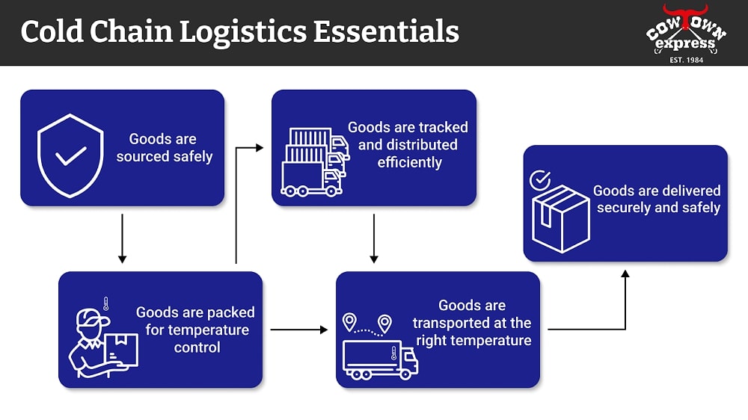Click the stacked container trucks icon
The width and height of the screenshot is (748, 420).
314,162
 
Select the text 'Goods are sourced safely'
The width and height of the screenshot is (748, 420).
164,148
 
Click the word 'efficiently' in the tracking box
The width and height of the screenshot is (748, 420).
409,162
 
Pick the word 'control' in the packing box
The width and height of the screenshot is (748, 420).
197,347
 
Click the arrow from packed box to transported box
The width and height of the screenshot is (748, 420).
298,329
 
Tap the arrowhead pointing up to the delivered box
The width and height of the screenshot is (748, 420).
625,274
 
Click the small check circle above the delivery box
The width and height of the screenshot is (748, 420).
539,180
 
